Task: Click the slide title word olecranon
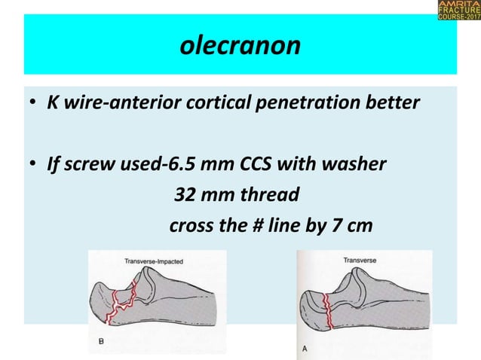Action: point(240,46)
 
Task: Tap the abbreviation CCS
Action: point(260,163)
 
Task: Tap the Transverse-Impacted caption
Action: point(154,261)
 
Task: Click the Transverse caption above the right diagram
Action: point(360,261)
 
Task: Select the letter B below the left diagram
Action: point(101,340)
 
